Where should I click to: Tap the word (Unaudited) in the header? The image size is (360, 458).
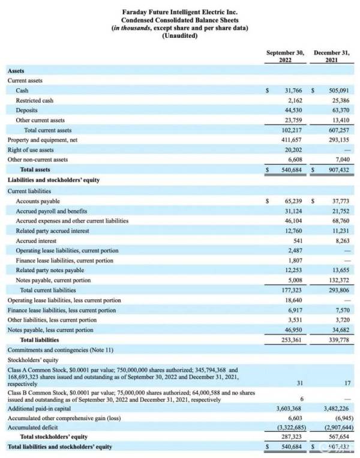pos(179,36)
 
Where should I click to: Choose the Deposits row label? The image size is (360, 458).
pos(27,110)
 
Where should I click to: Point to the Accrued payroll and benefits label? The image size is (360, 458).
pos(52,211)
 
